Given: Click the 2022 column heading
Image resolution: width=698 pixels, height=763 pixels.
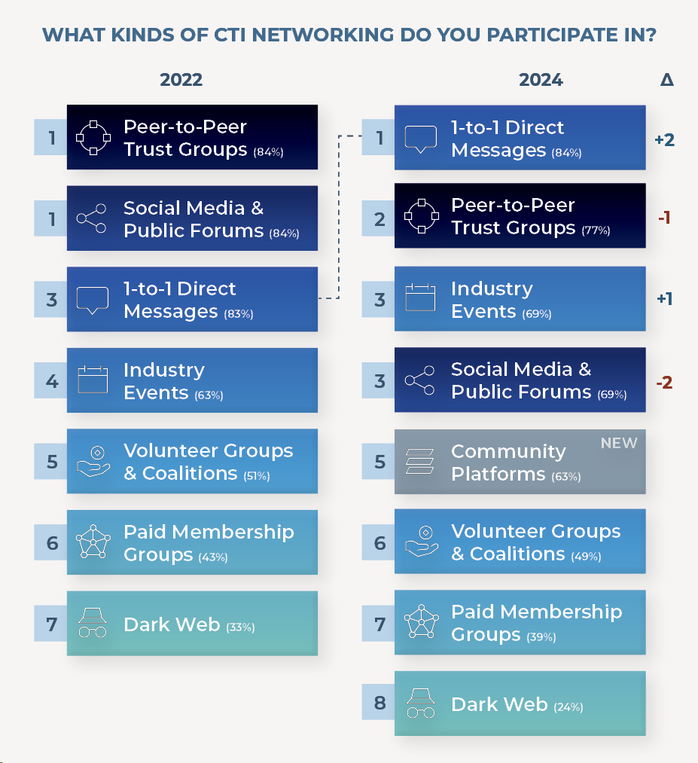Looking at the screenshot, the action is (181, 80).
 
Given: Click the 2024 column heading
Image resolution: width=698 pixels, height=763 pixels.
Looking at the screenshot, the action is (541, 80).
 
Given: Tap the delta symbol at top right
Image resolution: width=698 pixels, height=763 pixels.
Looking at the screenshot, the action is (667, 79).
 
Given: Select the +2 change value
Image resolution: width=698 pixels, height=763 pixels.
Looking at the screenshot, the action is (664, 140).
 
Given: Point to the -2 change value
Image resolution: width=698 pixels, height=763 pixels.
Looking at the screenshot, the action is (664, 383).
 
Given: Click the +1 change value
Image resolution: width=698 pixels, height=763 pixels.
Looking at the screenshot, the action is (664, 298).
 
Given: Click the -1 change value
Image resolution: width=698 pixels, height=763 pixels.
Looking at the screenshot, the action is (664, 217).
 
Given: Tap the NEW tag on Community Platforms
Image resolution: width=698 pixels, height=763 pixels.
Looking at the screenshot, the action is (619, 443).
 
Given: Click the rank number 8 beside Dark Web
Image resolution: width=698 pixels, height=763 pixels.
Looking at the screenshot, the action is (380, 703).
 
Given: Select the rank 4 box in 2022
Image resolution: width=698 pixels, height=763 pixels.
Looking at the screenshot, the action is (51, 380).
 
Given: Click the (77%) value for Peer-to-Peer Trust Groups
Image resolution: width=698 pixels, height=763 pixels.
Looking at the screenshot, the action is (596, 230).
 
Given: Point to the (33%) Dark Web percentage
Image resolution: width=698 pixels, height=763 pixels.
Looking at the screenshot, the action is (240, 627).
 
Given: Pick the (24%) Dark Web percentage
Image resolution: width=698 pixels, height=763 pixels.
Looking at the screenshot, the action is (568, 707).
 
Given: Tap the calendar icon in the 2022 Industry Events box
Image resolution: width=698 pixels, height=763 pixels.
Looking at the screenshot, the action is (93, 379).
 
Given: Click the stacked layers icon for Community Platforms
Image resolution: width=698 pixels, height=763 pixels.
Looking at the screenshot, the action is (419, 461).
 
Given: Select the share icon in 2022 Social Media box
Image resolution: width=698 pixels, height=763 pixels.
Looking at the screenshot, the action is (91, 218).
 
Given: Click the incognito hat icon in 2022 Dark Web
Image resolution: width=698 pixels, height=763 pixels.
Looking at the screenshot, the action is (93, 622).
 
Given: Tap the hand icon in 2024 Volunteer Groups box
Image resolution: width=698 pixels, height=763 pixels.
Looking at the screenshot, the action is (421, 541).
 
